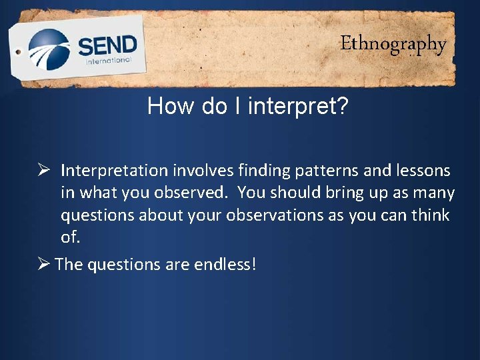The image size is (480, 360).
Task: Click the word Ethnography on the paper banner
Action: point(393,45)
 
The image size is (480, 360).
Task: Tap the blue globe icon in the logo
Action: point(49,49)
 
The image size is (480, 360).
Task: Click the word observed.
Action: point(198,193)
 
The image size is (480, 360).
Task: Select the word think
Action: point(431,216)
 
